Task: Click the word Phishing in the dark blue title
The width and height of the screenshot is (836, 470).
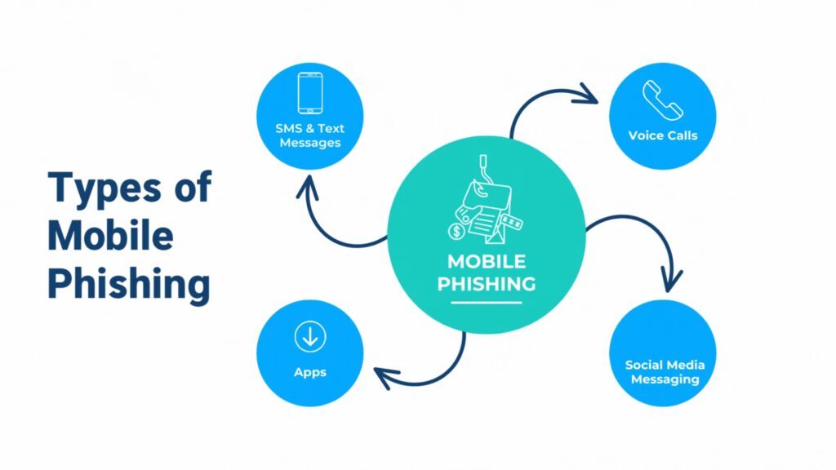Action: tap(129, 284)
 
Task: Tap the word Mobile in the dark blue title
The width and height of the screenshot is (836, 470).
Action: tap(110, 237)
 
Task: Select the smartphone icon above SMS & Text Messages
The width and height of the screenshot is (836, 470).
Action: tap(309, 93)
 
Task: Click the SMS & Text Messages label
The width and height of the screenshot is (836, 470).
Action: tap(309, 135)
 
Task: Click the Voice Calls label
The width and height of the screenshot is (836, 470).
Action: tap(662, 135)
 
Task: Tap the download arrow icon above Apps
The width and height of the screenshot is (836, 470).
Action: tap(310, 336)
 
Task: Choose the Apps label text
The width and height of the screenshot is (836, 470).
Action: tap(310, 372)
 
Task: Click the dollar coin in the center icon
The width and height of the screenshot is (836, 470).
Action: tap(456, 232)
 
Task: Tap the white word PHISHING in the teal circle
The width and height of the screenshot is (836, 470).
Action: tap(486, 284)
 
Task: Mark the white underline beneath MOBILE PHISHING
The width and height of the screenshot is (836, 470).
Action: tap(486, 304)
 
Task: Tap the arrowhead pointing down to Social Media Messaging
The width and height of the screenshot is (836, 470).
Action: tap(670, 282)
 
